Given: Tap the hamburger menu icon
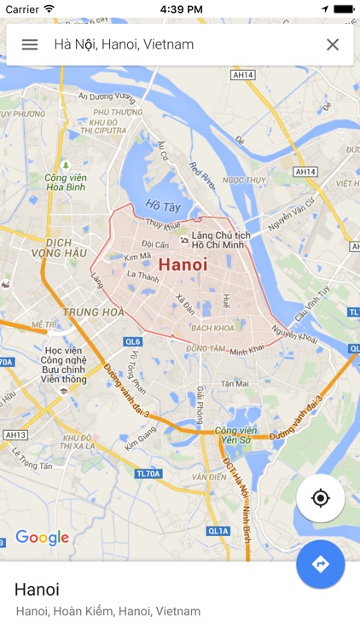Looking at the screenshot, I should (x=30, y=44).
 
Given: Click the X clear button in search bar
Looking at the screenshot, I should (x=333, y=44).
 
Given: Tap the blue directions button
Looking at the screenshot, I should (x=321, y=564).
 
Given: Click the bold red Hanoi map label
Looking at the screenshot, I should (x=183, y=265).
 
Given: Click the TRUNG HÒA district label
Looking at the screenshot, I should (x=94, y=312).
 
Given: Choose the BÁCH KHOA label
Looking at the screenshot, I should (x=212, y=329).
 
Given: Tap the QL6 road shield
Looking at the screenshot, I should (x=132, y=341).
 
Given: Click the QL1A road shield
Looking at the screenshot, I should (x=218, y=531).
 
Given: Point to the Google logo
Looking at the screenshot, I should (x=42, y=538).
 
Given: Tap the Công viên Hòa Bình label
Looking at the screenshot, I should (x=67, y=182).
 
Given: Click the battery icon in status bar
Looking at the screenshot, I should (x=342, y=9).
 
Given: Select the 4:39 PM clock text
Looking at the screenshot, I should (x=181, y=9).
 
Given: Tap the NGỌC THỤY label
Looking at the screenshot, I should (x=244, y=180).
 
